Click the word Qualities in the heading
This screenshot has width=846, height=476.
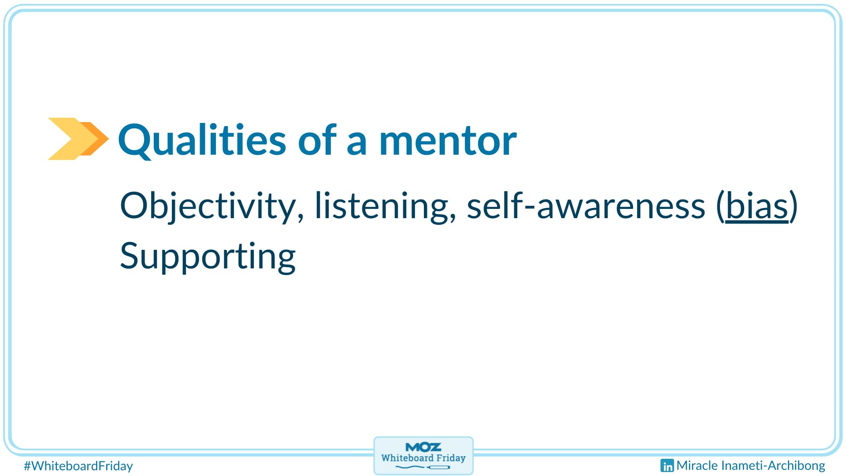[x=202, y=140]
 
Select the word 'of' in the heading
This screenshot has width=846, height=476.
[x=317, y=140]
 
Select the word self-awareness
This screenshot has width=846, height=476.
[x=586, y=205]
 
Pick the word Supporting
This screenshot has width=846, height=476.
[x=208, y=257]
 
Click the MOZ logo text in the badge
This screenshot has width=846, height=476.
[x=423, y=447]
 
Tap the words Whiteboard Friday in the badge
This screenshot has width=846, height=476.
[x=423, y=458]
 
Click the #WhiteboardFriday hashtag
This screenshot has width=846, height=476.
[x=78, y=466]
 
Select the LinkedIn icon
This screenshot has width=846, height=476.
[x=667, y=466]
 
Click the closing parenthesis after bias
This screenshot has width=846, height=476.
[x=794, y=206]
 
